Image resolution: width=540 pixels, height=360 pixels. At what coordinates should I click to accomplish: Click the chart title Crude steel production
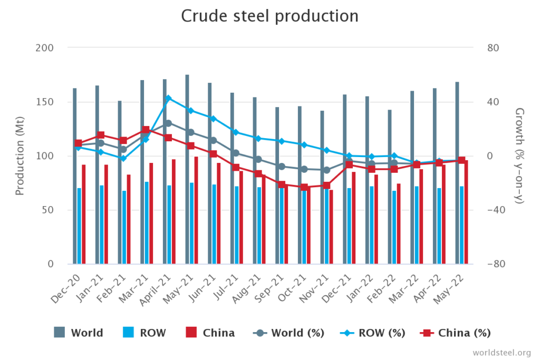click(269, 16)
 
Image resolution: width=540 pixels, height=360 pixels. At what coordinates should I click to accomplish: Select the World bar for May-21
click(187, 169)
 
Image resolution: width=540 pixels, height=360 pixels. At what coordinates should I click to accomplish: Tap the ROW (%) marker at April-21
click(168, 98)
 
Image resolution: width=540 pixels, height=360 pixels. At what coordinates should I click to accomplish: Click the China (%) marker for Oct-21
click(304, 187)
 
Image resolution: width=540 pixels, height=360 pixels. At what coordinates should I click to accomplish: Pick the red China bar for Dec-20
click(83, 214)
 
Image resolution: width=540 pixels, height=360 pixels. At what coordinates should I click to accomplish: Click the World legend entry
click(79, 333)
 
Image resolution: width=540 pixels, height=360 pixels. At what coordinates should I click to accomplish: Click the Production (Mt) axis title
click(20, 155)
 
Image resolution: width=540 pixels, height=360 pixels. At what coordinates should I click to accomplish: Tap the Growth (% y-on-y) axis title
click(519, 155)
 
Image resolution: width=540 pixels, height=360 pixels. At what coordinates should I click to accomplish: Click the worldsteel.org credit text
click(502, 352)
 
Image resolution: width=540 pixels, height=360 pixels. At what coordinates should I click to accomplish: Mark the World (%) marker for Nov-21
click(326, 170)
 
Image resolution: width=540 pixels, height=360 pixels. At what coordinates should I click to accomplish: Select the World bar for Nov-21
click(322, 187)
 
